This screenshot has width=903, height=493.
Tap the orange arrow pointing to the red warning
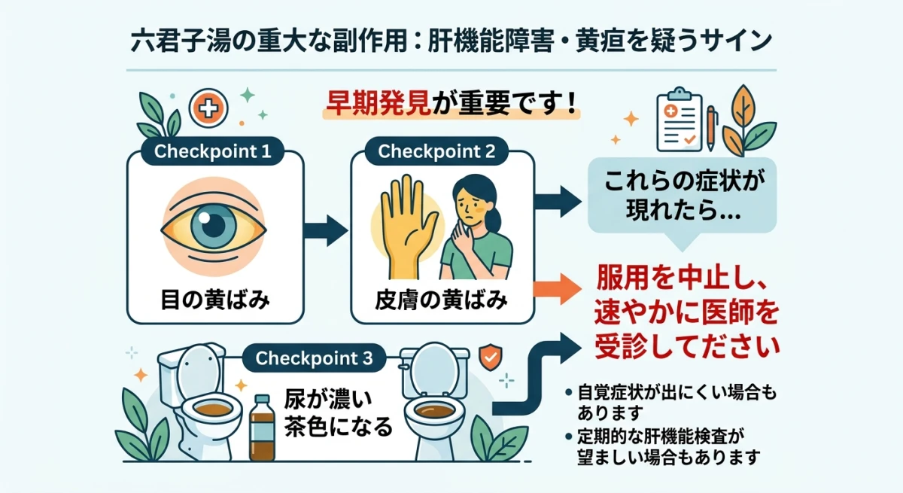(x=558, y=290)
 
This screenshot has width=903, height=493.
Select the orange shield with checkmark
(x=489, y=356)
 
